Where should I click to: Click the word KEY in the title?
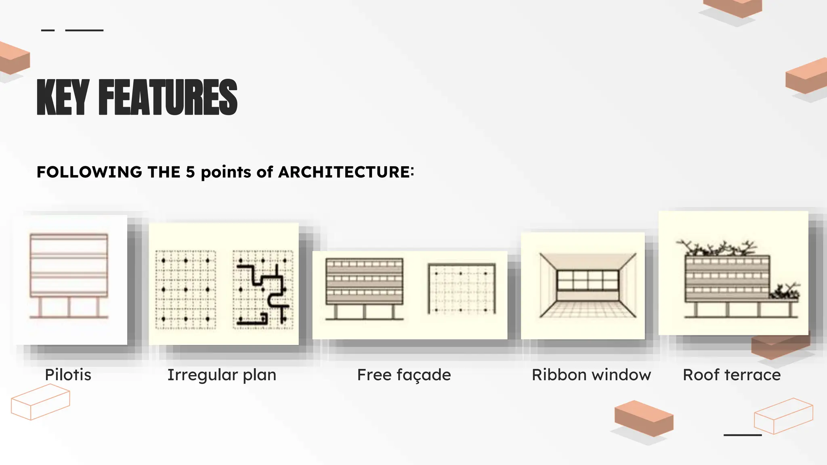[63, 97]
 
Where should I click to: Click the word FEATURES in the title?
[168, 97]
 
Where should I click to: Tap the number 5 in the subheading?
[190, 172]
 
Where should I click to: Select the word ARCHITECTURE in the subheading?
[344, 172]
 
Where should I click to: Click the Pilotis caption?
[68, 375]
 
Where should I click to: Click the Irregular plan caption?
[222, 375]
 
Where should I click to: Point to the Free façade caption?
[404, 375]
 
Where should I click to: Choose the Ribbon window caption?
[591, 375]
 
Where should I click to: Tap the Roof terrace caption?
[732, 375]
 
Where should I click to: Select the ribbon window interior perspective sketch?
[588, 285]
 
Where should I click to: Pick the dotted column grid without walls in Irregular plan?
[186, 289]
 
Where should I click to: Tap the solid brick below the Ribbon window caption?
[644, 418]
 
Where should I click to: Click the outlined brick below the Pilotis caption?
[40, 402]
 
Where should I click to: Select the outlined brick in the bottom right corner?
[783, 416]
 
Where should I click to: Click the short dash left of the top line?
[48, 30]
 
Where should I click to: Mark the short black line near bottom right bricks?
[742, 435]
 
